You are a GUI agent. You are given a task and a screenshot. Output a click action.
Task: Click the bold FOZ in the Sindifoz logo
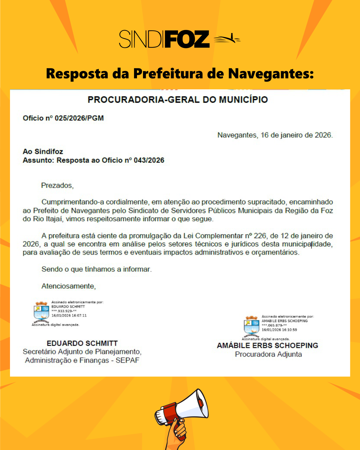pos(187,39)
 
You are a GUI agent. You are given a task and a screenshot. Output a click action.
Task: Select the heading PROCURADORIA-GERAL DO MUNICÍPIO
pos(178,100)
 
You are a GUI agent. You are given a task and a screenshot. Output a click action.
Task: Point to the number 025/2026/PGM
pos(79,118)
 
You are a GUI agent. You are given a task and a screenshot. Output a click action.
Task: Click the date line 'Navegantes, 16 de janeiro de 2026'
pos(275,135)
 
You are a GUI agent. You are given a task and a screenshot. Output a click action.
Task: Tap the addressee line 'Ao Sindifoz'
pos(43,151)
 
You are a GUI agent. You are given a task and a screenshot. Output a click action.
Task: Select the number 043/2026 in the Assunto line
pos(149,160)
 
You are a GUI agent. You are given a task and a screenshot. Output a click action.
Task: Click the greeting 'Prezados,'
pos(57,185)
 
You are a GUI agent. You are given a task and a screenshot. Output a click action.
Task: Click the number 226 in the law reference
pos(260,236)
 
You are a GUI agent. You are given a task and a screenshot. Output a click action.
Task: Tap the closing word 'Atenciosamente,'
pos(69,286)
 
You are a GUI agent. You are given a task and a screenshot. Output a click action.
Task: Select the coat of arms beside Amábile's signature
pos(252,326)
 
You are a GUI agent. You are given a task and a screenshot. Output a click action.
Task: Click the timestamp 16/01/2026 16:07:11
pos(69,315)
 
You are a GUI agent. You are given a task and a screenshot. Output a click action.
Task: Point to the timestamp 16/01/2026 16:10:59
pos(279,330)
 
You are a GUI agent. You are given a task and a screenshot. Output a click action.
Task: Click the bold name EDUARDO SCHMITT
pos(82,343)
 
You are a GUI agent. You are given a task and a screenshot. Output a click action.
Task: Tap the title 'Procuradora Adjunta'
pos(268,354)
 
